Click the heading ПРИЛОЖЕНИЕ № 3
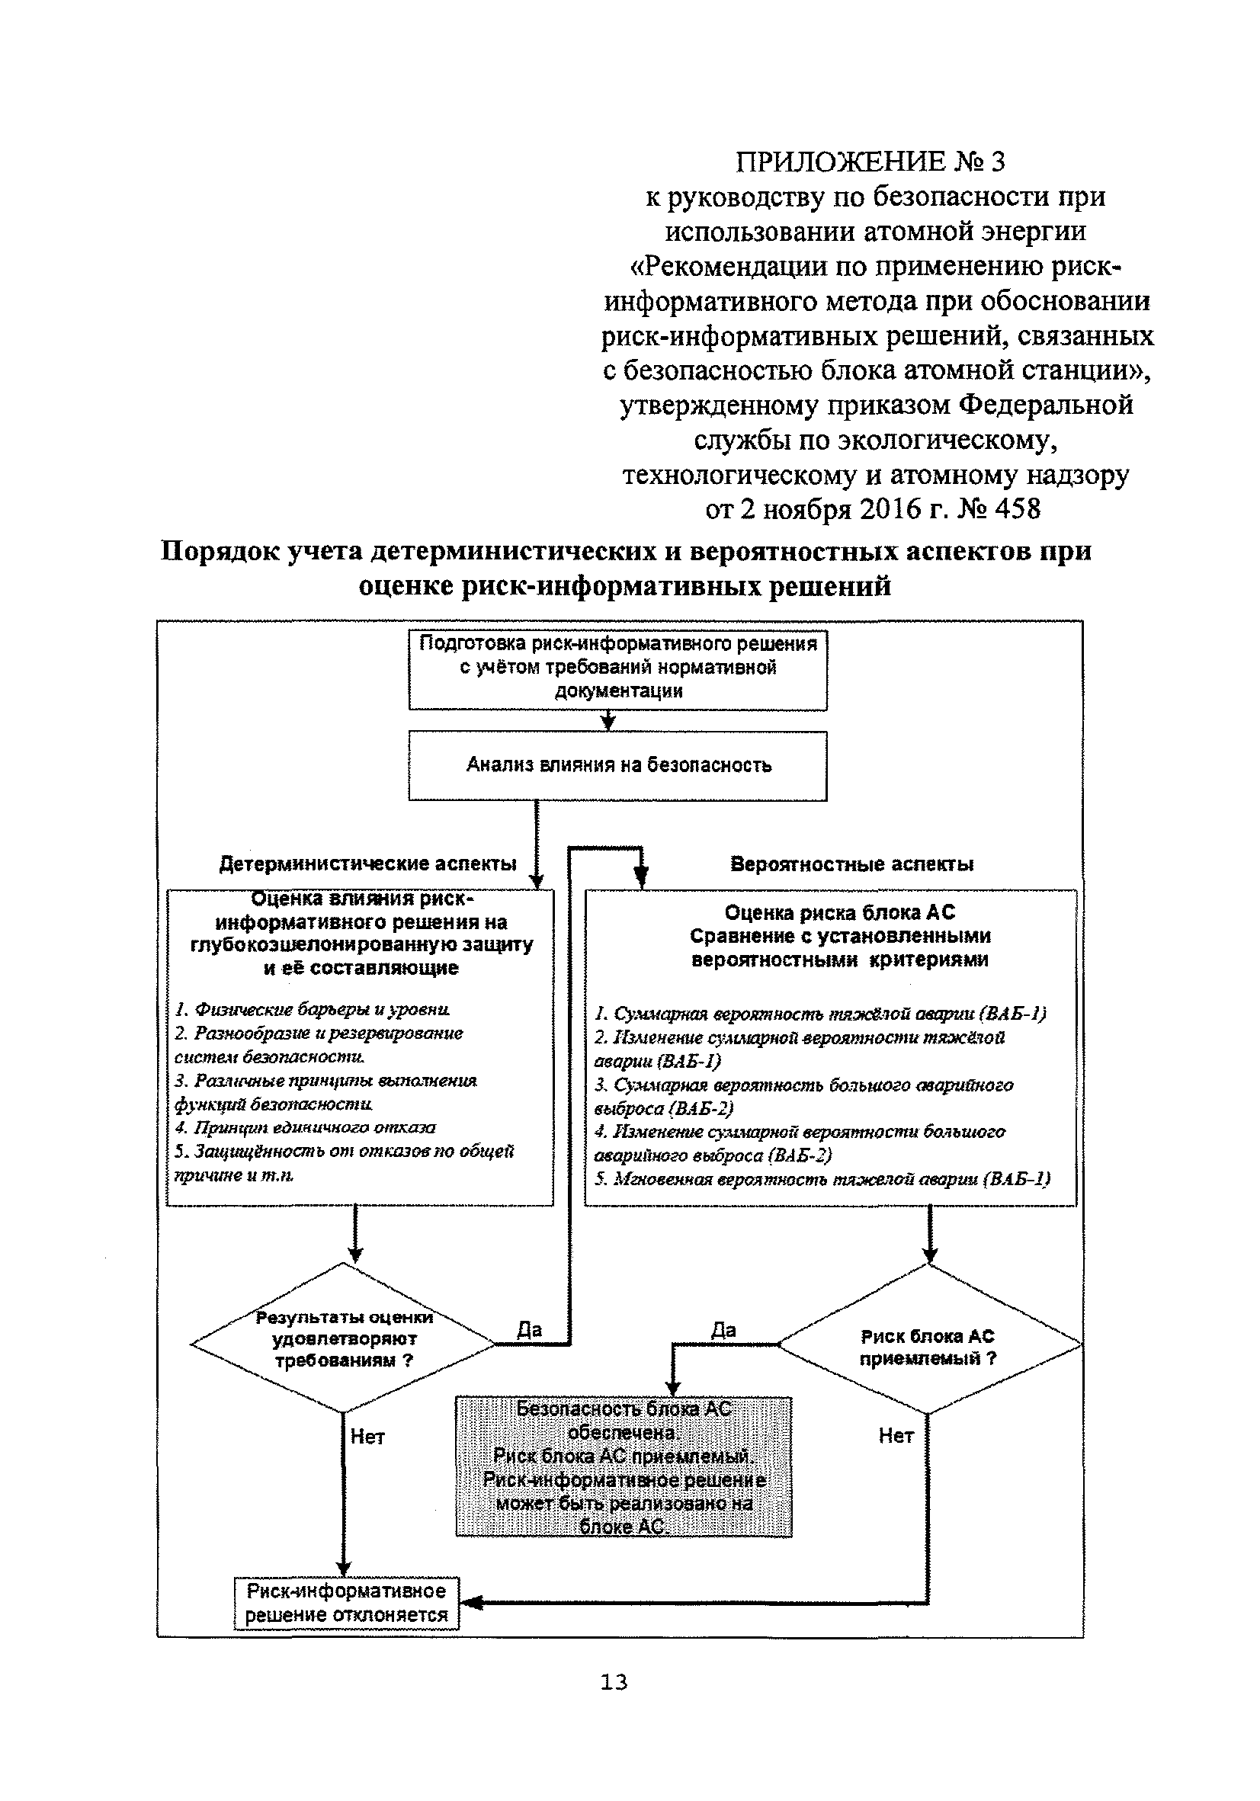pyautogui.click(x=870, y=162)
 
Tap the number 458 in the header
pyautogui.click(x=1018, y=509)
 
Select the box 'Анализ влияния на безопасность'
pyautogui.click(x=617, y=764)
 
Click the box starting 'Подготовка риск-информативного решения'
pyautogui.click(x=617, y=668)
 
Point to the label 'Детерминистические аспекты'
pyautogui.click(x=367, y=864)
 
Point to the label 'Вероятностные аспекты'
pyautogui.click(x=851, y=864)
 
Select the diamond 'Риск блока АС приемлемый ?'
pyautogui.click(x=928, y=1347)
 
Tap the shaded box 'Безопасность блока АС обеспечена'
pyautogui.click(x=624, y=1467)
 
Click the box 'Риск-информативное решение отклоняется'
pyautogui.click(x=346, y=1604)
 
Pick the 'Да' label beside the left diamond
pyautogui.click(x=530, y=1328)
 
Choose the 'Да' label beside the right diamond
pyautogui.click(x=723, y=1328)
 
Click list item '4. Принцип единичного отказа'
pyautogui.click(x=305, y=1127)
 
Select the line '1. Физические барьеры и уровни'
pyautogui.click(x=313, y=1009)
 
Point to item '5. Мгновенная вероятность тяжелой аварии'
pyautogui.click(x=822, y=1178)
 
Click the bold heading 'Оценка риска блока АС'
pyautogui.click(x=839, y=912)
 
